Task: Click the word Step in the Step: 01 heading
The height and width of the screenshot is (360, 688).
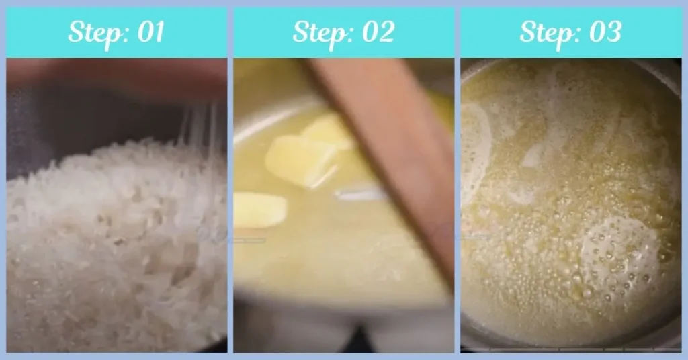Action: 93,32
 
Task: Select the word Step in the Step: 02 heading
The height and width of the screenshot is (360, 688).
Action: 319,32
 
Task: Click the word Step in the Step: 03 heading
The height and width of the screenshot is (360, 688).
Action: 546,32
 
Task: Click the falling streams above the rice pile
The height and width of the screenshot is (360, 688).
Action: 198,128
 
